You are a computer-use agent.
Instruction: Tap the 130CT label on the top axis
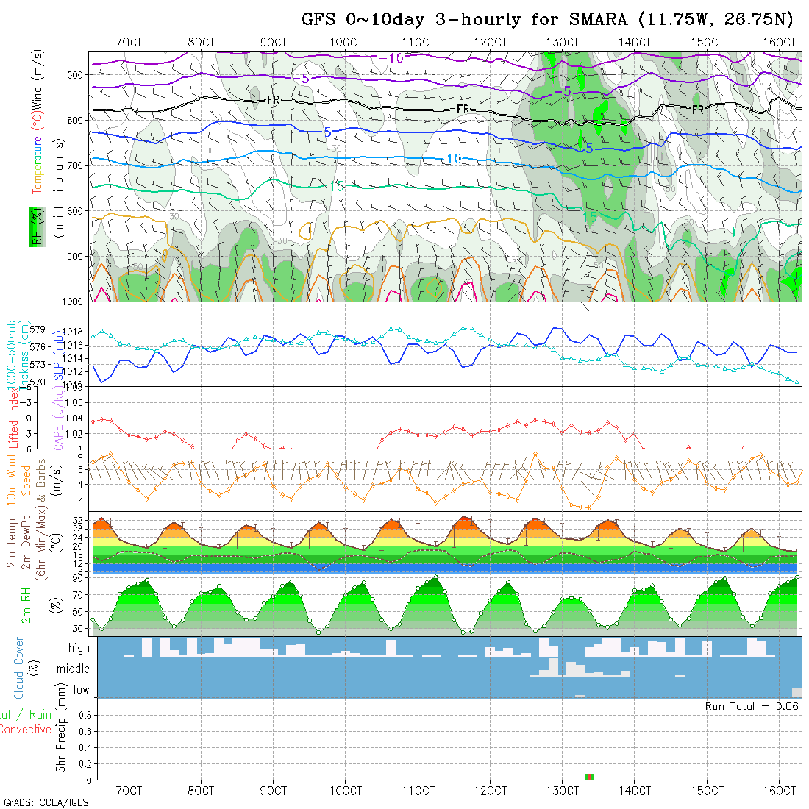click(x=563, y=42)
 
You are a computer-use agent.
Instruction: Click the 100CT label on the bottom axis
click(x=346, y=791)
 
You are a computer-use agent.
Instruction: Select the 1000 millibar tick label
click(x=73, y=302)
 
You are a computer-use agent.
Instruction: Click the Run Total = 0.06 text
click(x=751, y=706)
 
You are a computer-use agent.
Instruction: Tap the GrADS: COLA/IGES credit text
click(x=46, y=802)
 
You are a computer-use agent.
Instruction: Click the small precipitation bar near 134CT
click(x=588, y=777)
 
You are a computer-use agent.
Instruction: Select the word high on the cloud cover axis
click(x=79, y=648)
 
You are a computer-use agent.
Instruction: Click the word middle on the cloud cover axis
click(x=74, y=669)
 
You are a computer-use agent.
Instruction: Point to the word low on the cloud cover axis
click(x=82, y=690)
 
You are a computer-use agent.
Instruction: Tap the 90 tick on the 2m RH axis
click(x=77, y=578)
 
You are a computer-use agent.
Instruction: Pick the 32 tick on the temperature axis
click(x=76, y=520)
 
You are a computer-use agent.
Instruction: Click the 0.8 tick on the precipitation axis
click(x=84, y=715)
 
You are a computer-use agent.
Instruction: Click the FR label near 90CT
click(x=273, y=99)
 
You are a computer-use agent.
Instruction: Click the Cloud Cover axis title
click(x=20, y=668)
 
